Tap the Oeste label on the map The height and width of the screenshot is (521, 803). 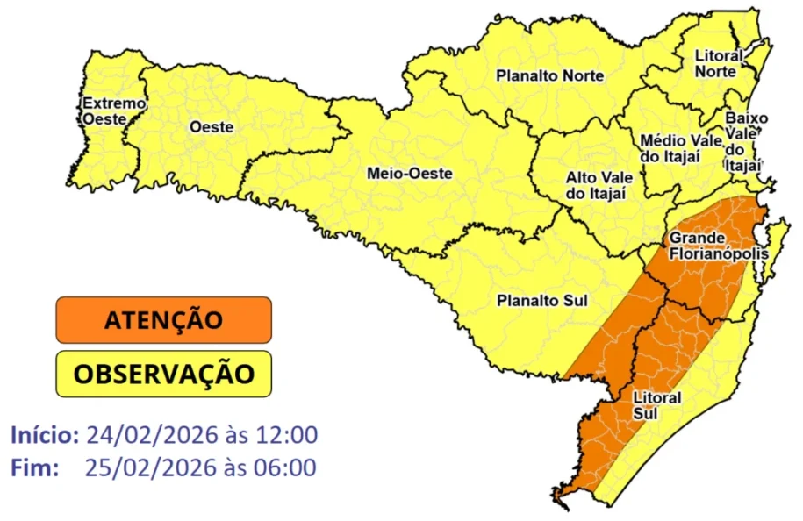tap(211, 127)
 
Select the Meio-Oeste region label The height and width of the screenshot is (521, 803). tap(409, 174)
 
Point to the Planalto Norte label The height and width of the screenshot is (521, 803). tap(549, 76)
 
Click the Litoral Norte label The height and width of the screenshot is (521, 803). tap(718, 63)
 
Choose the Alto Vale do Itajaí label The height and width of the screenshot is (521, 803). tap(600, 185)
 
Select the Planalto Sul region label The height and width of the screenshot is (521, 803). tap(541, 301)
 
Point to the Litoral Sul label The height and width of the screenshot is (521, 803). tap(656, 405)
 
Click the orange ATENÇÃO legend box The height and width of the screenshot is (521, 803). tap(163, 320)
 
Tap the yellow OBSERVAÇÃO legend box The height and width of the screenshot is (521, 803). tap(163, 374)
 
